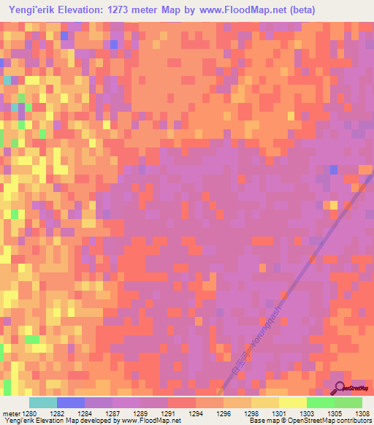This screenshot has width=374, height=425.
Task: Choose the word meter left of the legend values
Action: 11,413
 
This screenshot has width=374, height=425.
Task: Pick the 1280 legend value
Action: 30,413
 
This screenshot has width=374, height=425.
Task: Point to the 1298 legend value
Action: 251,413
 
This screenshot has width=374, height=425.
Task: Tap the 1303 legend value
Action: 306,413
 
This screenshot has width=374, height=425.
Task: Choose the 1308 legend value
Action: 362,413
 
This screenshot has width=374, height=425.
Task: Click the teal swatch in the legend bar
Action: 43,402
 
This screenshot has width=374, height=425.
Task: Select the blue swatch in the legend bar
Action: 71,402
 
